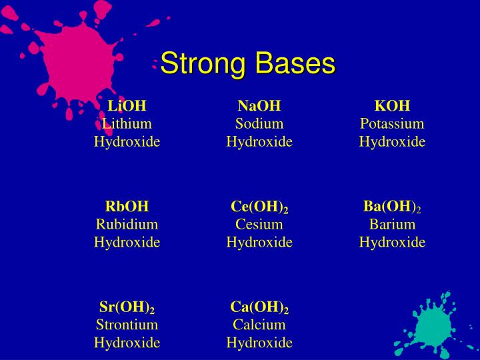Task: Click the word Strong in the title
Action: click(x=203, y=64)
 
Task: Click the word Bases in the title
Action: click(x=293, y=64)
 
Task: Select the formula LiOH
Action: click(x=127, y=106)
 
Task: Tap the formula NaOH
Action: click(x=259, y=106)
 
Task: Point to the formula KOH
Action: click(x=392, y=106)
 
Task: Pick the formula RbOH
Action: click(x=127, y=207)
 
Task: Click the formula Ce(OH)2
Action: click(x=259, y=207)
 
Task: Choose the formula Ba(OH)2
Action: click(x=392, y=207)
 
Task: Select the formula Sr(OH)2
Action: click(x=127, y=307)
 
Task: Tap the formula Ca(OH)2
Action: click(x=259, y=307)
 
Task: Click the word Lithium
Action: click(x=127, y=123)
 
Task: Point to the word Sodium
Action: click(x=259, y=123)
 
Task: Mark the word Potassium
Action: click(x=392, y=124)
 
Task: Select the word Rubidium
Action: click(x=127, y=224)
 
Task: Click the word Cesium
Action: click(x=259, y=224)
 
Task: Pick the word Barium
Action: click(x=392, y=224)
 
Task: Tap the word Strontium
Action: click(x=127, y=325)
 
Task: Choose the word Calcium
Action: click(x=259, y=325)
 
